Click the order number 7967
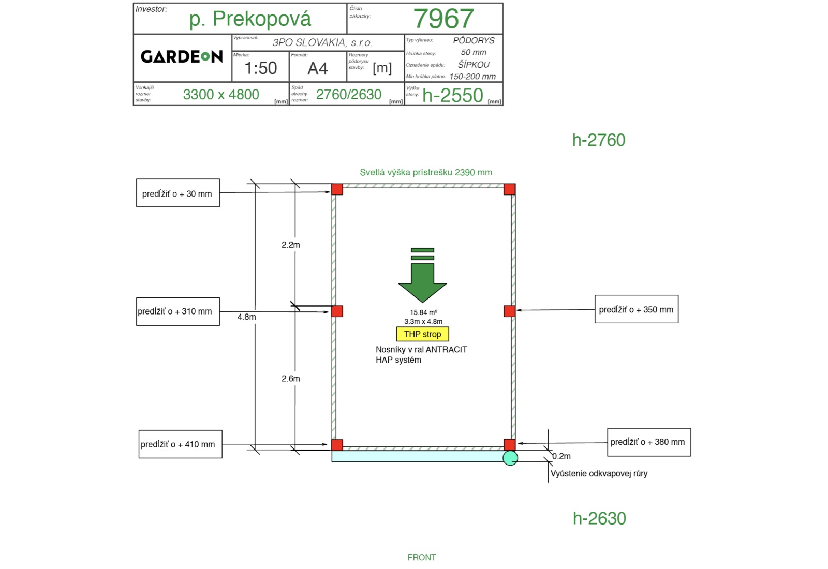(443, 19)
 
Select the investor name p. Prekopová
(250, 19)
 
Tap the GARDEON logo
(182, 56)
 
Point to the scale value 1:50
(261, 68)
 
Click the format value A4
(318, 68)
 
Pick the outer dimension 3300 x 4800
(221, 95)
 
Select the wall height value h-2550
(452, 95)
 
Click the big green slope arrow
(422, 275)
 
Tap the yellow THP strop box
(422, 334)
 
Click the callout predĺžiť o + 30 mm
(178, 193)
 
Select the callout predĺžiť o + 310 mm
(178, 311)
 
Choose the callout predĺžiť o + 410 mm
(181, 444)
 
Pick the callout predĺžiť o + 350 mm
(637, 309)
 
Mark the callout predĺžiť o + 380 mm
(649, 442)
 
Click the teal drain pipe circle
(510, 458)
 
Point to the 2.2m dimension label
(290, 245)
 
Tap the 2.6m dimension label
(290, 378)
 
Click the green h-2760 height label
(599, 140)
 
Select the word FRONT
(422, 557)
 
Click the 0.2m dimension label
(561, 456)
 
